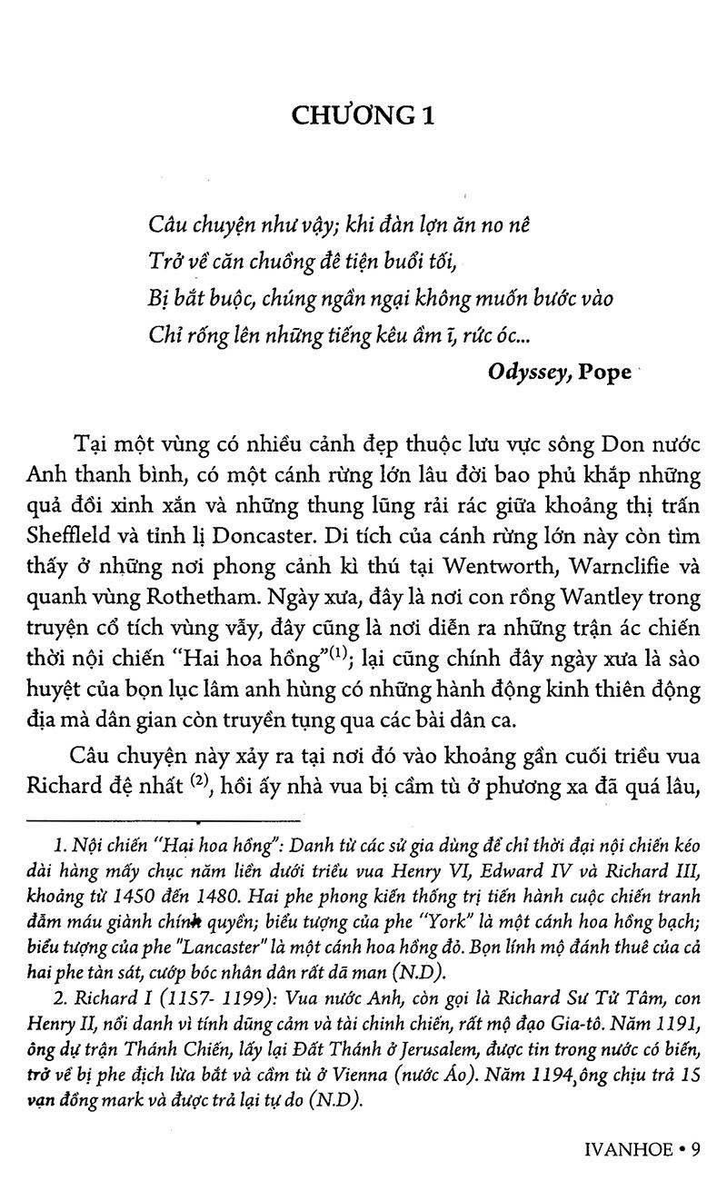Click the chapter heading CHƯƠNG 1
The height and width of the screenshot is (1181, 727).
363,115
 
